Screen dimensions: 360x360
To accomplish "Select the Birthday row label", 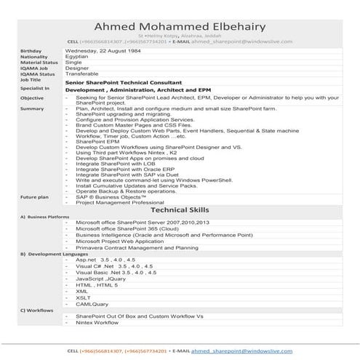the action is (31, 51).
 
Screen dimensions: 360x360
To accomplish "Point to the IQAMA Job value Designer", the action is (77, 68).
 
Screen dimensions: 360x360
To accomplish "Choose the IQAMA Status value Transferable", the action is (83, 74).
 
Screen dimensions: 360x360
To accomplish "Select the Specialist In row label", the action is (36, 88).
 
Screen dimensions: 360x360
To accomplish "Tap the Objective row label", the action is (32, 97).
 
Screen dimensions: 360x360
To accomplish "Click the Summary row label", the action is (32, 108).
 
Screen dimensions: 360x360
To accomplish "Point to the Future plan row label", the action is (34, 197).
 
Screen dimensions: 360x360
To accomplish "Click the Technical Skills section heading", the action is (180, 209).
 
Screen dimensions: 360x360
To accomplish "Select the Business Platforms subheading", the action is (48, 217).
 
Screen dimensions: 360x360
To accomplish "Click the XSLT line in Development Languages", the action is (82, 297).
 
